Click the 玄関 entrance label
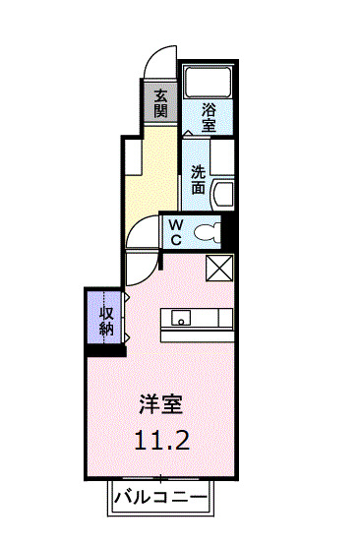click(x=160, y=102)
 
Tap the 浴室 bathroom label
click(x=210, y=117)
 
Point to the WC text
click(x=175, y=233)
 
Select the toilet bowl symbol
click(x=207, y=233)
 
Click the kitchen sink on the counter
click(x=181, y=318)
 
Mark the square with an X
click(x=219, y=268)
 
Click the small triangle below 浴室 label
click(x=187, y=132)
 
